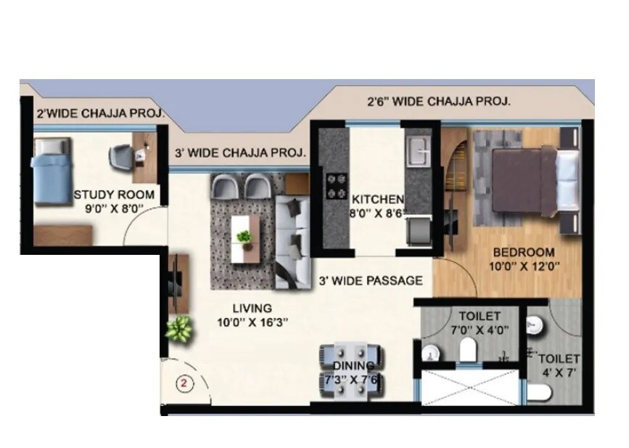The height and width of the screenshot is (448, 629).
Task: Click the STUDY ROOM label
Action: (x=114, y=195)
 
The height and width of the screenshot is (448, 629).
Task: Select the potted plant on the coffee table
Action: (x=245, y=237)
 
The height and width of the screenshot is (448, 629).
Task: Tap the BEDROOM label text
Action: (x=523, y=253)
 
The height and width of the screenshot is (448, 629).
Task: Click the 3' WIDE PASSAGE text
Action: (x=370, y=280)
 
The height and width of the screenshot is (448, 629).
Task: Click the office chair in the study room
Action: (x=123, y=155)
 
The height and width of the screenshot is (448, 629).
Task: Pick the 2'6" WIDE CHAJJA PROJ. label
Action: (x=438, y=102)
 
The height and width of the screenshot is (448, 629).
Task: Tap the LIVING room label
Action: (x=247, y=307)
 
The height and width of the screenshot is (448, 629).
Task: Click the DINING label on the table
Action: (x=354, y=365)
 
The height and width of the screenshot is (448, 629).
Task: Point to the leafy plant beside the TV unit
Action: (x=178, y=330)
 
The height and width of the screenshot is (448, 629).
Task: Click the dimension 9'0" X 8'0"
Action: (x=114, y=208)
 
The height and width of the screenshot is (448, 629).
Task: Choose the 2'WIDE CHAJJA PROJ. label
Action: (x=100, y=114)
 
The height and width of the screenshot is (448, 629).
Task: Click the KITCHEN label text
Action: (x=377, y=200)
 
